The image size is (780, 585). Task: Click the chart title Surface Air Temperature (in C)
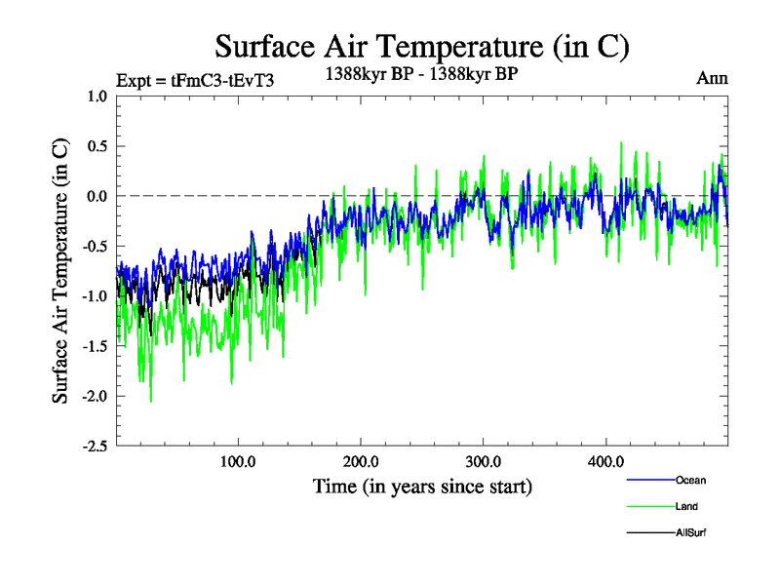point(421,46)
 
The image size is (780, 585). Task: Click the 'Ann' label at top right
point(712,78)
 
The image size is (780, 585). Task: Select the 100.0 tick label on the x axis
point(238,461)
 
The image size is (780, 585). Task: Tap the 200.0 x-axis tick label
point(361,461)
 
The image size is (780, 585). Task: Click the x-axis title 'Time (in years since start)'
point(422,486)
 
